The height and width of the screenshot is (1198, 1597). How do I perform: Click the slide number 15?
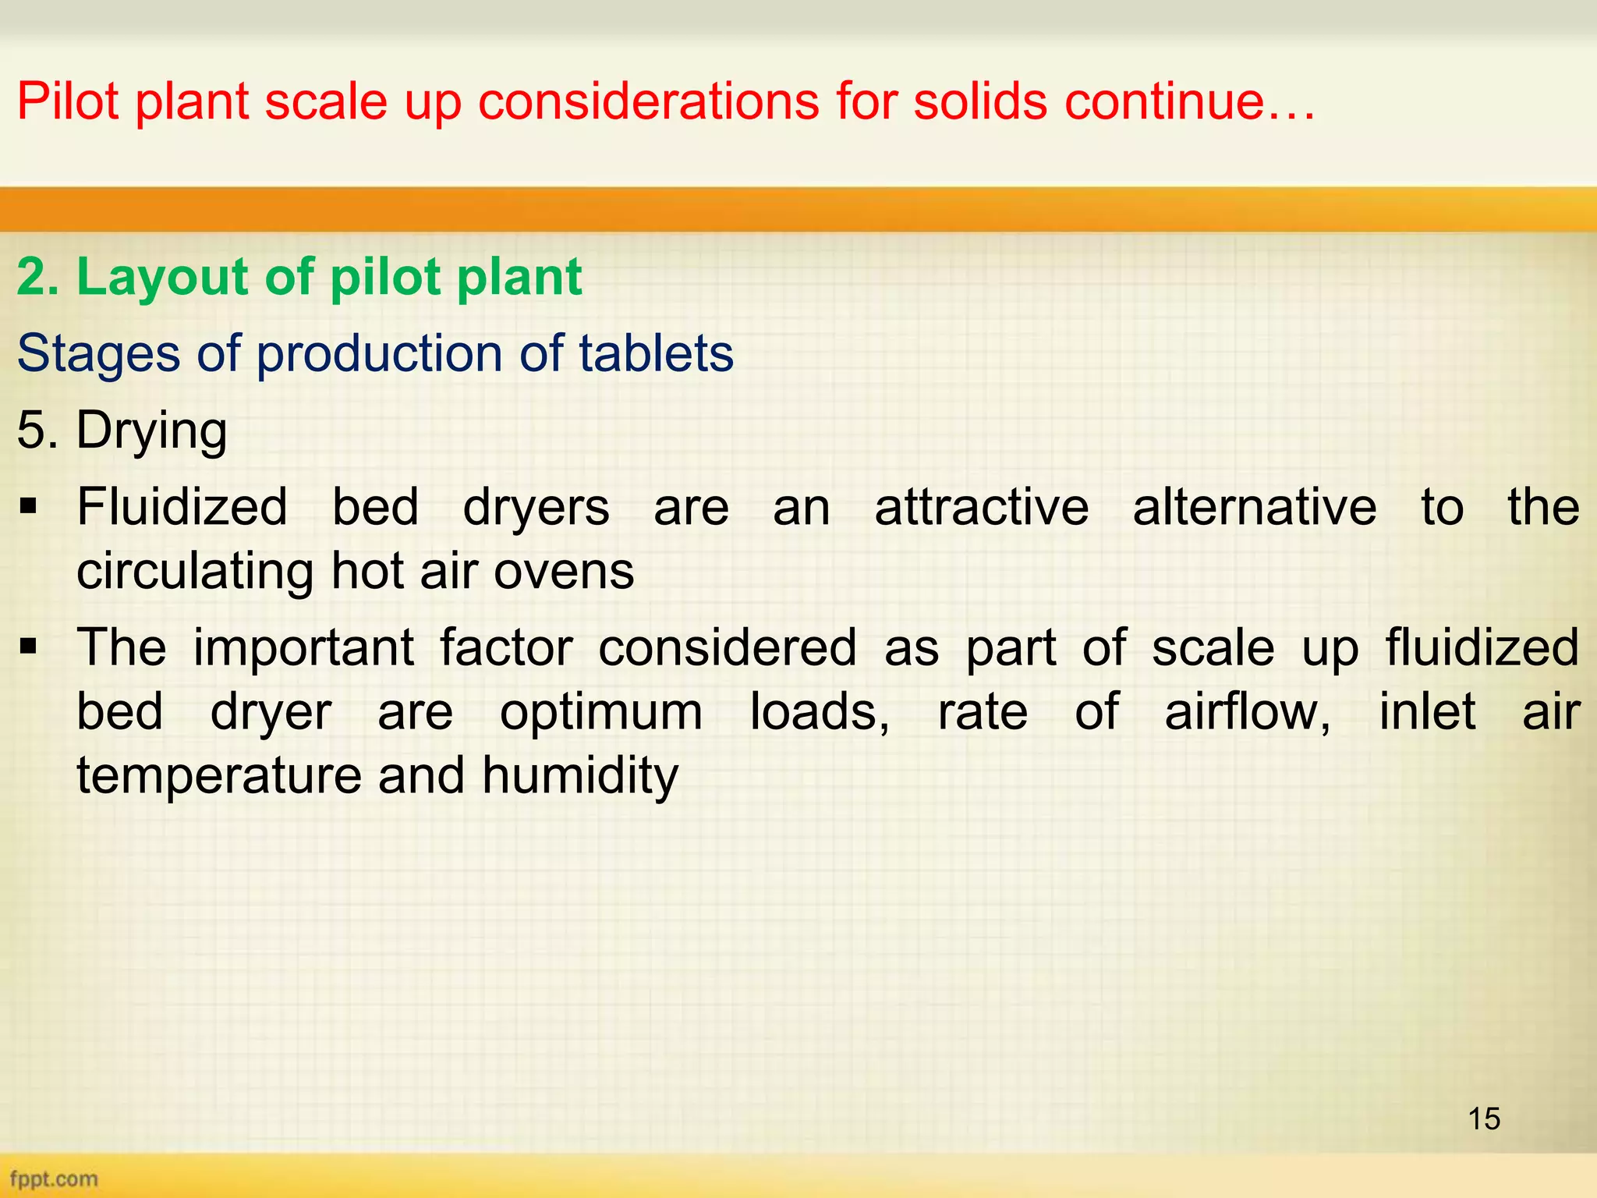pos(1484,1118)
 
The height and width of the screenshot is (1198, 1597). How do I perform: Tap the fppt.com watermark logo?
pos(54,1179)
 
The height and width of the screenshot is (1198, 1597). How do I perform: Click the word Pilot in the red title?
pos(68,101)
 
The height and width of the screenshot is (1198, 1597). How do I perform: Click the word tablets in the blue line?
pos(656,353)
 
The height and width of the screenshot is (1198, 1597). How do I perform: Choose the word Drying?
pos(151,431)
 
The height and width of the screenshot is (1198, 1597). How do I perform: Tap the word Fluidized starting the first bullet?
pos(182,507)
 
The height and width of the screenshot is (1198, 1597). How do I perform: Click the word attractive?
pos(982,507)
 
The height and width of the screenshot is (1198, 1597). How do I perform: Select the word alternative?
pos(1255,507)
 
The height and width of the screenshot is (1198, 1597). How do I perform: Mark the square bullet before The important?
pos(29,647)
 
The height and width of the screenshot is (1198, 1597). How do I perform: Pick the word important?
pos(304,647)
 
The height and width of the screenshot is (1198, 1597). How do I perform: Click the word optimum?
pos(601,712)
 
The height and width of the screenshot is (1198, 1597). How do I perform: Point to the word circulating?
pos(194,571)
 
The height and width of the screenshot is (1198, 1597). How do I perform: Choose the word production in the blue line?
pos(379,353)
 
